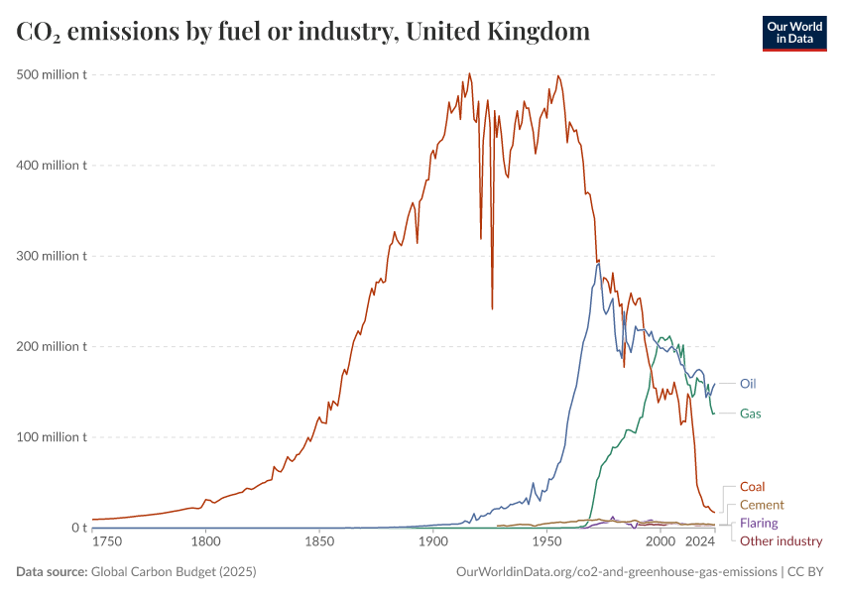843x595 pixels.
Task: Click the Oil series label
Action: coord(749,383)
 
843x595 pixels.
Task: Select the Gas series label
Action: coord(751,413)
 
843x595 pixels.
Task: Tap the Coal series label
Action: coord(752,487)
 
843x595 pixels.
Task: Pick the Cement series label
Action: coord(762,505)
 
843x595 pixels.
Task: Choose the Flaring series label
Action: coord(759,523)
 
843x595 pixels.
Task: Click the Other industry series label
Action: coord(782,540)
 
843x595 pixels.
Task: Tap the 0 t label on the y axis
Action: coord(79,528)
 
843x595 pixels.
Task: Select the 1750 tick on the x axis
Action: coord(107,541)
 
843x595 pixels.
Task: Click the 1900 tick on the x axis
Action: coord(431,541)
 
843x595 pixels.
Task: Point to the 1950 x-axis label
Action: coord(545,541)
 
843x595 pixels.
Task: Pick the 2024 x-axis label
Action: coord(701,541)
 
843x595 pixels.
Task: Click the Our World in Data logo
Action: coord(793,33)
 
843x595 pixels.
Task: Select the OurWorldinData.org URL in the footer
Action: coord(616,572)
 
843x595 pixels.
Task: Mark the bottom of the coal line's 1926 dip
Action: coord(492,308)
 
